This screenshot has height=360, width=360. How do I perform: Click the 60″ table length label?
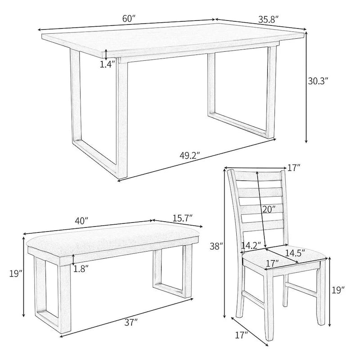(x=129, y=18)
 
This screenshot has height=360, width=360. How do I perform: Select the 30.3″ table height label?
(x=318, y=81)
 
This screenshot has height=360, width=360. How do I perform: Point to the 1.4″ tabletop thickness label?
(x=107, y=64)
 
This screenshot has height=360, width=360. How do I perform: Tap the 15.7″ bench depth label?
(x=182, y=217)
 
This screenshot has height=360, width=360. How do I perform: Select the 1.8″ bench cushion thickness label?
(x=81, y=269)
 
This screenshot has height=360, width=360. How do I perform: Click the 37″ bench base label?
(x=131, y=322)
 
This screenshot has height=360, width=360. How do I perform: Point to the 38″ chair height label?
(x=217, y=246)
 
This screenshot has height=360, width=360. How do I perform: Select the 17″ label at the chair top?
(x=293, y=168)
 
